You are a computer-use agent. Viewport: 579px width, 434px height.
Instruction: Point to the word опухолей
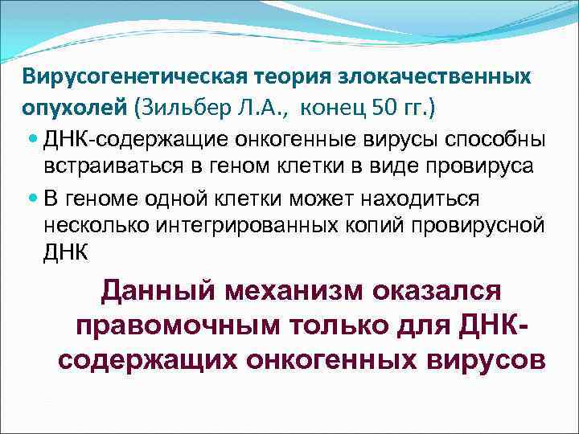(68, 106)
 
